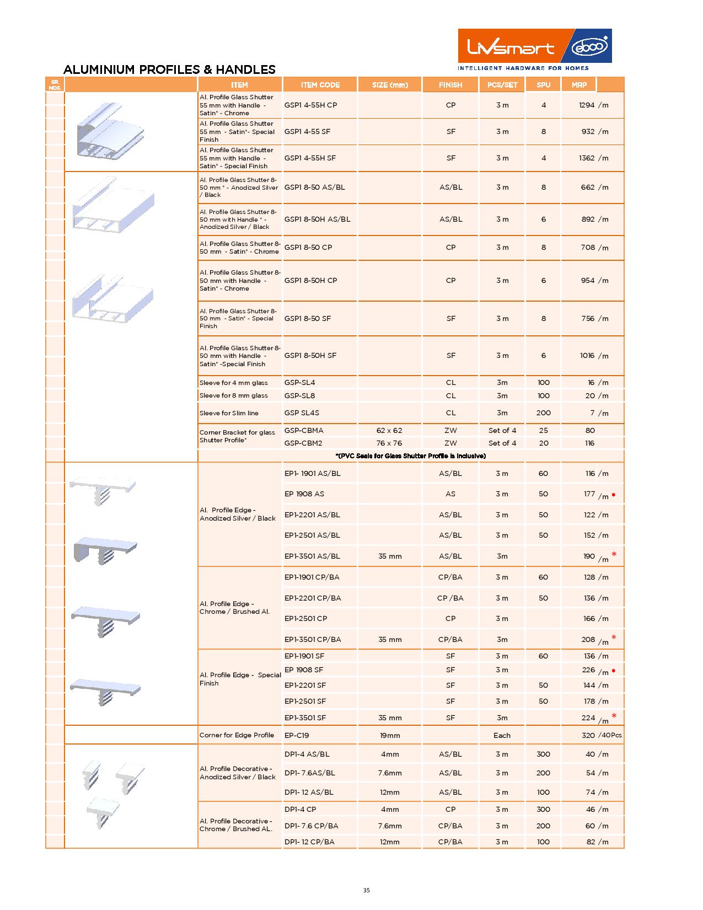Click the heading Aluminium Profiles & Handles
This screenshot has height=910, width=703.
(x=169, y=69)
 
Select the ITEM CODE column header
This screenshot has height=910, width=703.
(x=320, y=85)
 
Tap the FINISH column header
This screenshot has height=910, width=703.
(x=450, y=85)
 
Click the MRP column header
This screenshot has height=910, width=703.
(x=579, y=85)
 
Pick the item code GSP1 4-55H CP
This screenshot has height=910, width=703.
(x=310, y=105)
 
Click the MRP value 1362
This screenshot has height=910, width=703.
(x=587, y=158)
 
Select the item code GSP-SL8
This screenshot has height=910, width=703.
(x=299, y=395)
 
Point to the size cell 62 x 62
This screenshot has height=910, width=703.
(x=390, y=430)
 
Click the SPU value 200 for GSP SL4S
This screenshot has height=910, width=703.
(x=543, y=413)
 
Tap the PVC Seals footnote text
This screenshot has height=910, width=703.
(x=410, y=456)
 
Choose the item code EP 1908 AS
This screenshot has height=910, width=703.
(x=304, y=494)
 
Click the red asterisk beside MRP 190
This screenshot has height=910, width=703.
(x=614, y=554)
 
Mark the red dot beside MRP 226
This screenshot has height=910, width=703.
(x=614, y=671)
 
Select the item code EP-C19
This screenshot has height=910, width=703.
(x=297, y=735)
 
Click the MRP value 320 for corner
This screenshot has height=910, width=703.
(x=588, y=735)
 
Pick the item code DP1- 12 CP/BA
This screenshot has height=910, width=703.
(x=309, y=842)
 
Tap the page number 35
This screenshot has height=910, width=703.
(x=367, y=890)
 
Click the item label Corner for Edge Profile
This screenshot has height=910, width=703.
(x=237, y=735)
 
